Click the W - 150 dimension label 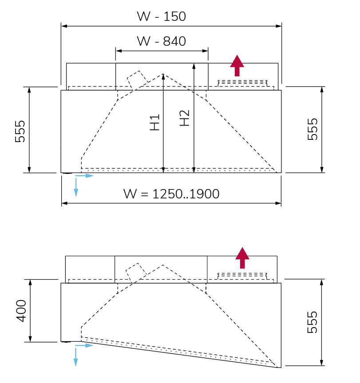click(161, 17)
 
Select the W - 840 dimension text click(161, 41)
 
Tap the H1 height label click(154, 122)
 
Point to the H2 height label click(184, 118)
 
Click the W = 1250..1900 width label click(171, 194)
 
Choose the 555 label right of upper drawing click(313, 129)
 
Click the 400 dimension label click(21, 311)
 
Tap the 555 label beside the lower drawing click(313, 322)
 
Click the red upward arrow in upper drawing click(237, 65)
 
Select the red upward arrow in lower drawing click(242, 257)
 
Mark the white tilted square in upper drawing click(137, 81)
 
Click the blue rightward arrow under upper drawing click(86, 176)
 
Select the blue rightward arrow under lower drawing click(86, 345)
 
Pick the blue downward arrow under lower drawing click(76, 356)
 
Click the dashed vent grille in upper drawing click(242, 83)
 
